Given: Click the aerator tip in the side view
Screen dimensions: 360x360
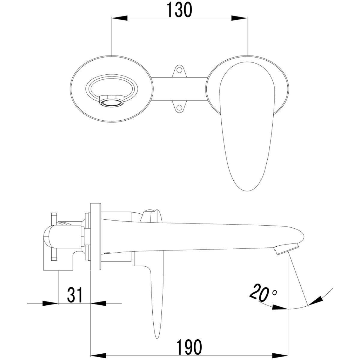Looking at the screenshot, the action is point(286,250).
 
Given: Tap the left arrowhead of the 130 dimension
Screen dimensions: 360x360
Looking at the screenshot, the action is point(120,18).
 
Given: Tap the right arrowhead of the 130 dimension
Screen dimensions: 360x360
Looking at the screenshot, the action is point(239,18).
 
